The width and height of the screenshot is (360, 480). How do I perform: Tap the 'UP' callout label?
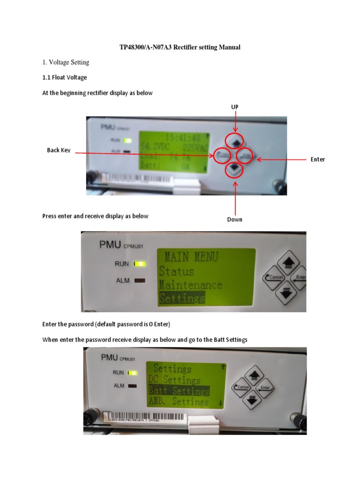[235, 107]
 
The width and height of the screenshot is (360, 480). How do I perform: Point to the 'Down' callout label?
[235, 219]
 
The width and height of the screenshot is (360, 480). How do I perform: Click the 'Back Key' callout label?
[59, 150]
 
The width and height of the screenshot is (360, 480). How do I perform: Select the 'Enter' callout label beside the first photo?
[317, 159]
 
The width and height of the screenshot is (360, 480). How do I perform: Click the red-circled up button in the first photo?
[234, 141]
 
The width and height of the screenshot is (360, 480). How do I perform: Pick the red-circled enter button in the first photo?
[245, 155]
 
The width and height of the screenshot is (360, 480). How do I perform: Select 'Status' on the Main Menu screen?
[176, 271]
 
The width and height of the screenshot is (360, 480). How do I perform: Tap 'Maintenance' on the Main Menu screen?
[190, 285]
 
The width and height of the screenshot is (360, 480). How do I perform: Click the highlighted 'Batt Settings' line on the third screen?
[179, 390]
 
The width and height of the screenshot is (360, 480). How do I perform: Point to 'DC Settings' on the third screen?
[174, 380]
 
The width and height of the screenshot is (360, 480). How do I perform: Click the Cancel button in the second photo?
[275, 277]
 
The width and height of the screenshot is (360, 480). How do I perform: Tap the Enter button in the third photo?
[265, 388]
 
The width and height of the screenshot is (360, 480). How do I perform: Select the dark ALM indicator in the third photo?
[133, 386]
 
